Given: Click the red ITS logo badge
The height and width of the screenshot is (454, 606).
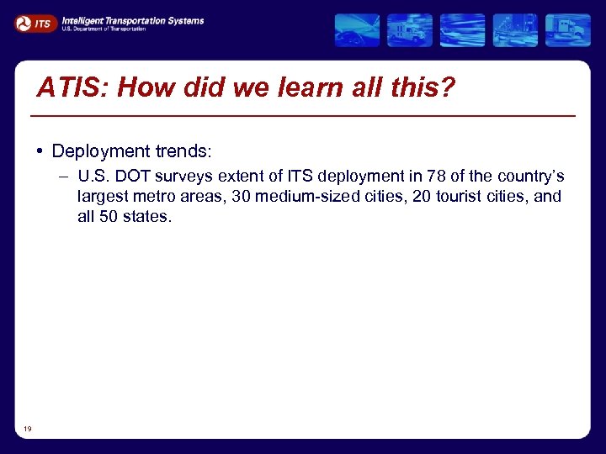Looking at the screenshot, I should click(35, 24).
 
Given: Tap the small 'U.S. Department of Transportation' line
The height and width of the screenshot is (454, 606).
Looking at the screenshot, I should click(104, 29).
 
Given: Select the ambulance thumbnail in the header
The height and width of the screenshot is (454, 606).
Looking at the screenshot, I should click(409, 30).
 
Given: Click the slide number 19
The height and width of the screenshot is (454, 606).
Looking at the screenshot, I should click(28, 429).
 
